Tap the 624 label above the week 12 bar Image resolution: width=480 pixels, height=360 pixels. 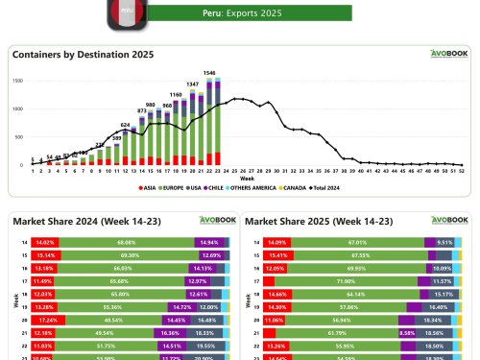pyautogui.click(x=125, y=125)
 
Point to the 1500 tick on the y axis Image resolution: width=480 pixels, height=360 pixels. pyautogui.click(x=17, y=81)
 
